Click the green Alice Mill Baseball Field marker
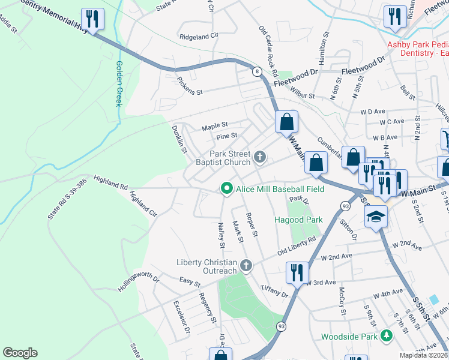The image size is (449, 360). point(226,189)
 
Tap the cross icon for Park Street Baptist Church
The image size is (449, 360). point(260,157)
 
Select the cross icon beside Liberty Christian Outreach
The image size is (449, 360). point(246,265)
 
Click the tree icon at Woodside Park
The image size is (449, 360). point(387,336)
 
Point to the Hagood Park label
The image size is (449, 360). point(299,220)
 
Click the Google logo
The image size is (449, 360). point(20,353)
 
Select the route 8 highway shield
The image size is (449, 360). point(257,72)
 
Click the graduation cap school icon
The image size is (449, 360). point(376,217)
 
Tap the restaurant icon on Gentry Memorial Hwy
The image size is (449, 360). point(92,19)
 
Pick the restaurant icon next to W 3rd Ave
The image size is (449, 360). point(297,272)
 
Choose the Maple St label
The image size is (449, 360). point(215,127)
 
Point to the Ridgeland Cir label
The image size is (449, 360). point(199,36)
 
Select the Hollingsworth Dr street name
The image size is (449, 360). point(139,282)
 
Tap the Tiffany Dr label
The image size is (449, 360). point(275,291)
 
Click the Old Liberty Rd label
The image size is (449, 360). point(297,247)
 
